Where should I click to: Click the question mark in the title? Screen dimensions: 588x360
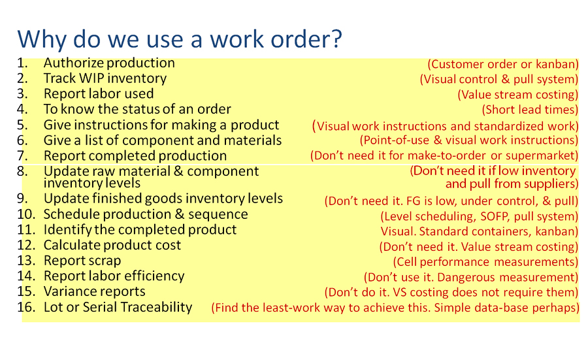[x=335, y=39]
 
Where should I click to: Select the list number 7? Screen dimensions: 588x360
[x=22, y=155]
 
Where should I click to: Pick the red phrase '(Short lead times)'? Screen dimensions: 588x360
[x=530, y=110]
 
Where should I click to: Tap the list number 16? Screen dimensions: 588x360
[x=26, y=307]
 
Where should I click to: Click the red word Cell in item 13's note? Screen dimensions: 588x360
[x=405, y=262]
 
